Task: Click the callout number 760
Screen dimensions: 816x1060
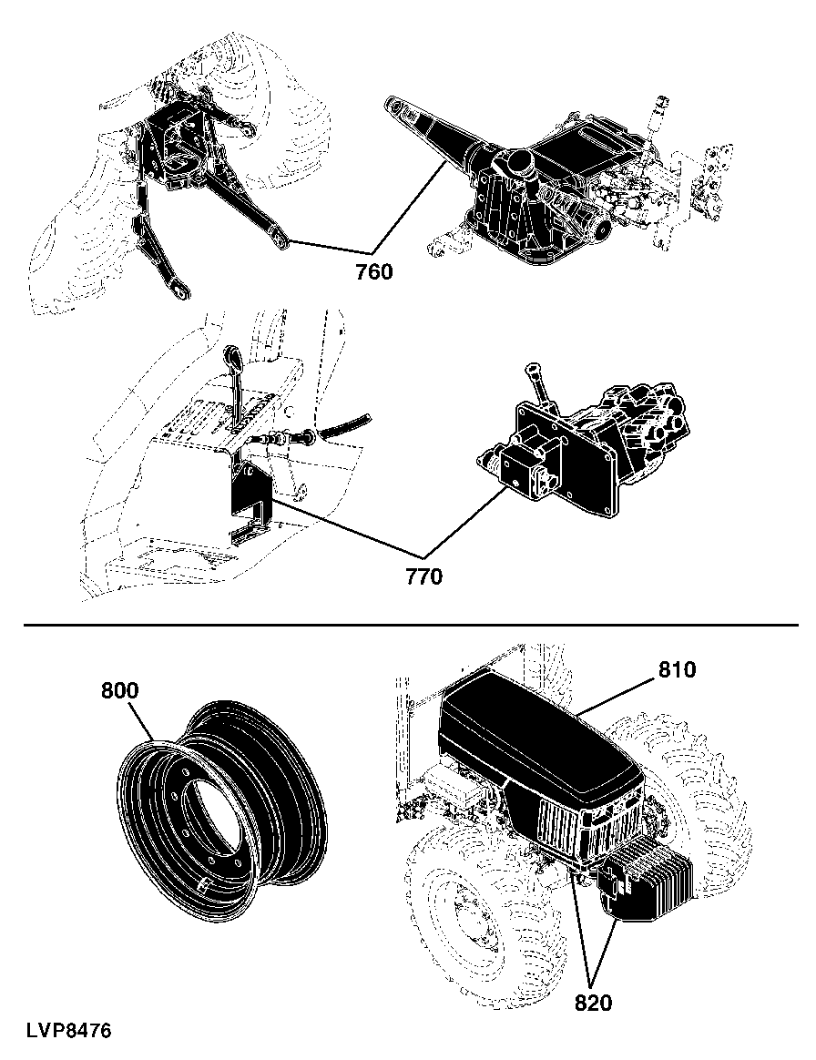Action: pos(374,272)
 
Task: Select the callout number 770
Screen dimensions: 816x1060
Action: pos(423,576)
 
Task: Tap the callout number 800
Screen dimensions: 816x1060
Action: pos(119,691)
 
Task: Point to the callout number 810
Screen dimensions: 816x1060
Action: pos(677,670)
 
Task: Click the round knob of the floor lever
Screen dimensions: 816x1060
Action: pos(230,355)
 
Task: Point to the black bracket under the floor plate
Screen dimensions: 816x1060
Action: pos(250,500)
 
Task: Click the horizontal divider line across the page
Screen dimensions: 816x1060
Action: pos(411,625)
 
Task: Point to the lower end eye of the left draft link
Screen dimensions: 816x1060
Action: pos(180,291)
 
